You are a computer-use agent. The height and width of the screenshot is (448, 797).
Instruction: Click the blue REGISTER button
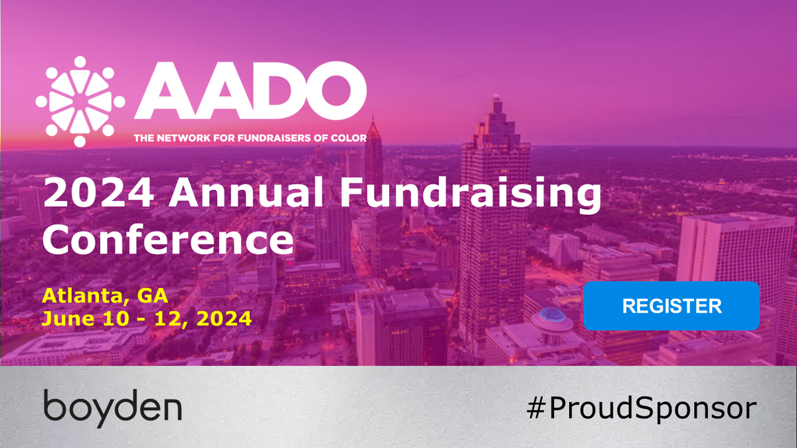pos(671,306)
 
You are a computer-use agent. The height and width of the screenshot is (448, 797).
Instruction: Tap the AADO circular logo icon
pos(80,101)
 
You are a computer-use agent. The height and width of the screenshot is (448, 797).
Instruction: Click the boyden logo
pos(113,406)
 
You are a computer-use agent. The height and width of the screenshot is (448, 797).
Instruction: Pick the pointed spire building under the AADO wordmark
pos(374,143)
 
